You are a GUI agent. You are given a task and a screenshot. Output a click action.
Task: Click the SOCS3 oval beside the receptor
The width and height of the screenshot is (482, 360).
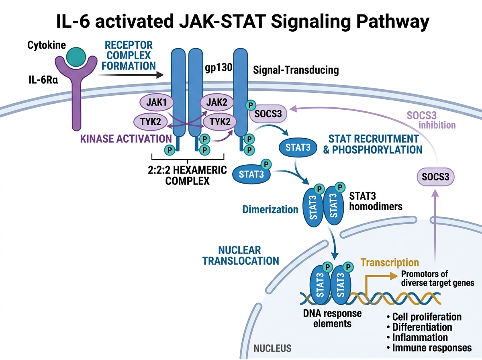[268, 114]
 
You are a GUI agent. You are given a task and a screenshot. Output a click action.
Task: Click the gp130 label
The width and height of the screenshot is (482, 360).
[219, 68]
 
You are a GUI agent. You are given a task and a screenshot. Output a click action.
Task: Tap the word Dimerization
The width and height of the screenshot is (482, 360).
[270, 209]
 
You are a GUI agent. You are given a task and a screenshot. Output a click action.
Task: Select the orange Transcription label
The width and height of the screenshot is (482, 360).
[390, 263]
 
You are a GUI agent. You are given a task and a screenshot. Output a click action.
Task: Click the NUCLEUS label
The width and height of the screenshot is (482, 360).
[273, 348]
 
